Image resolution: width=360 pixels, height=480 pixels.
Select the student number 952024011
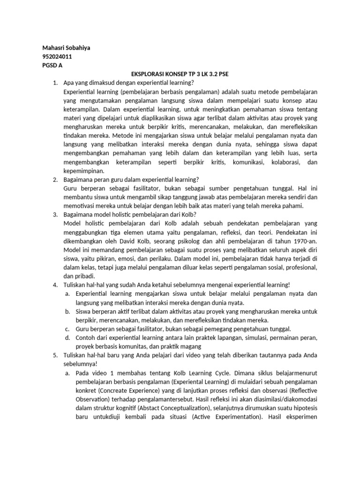pos(57,57)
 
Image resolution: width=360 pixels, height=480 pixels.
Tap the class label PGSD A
pos(52,66)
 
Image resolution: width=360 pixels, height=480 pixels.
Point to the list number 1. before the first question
pos(55,83)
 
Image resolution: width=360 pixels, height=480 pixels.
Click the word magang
pos(191,346)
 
